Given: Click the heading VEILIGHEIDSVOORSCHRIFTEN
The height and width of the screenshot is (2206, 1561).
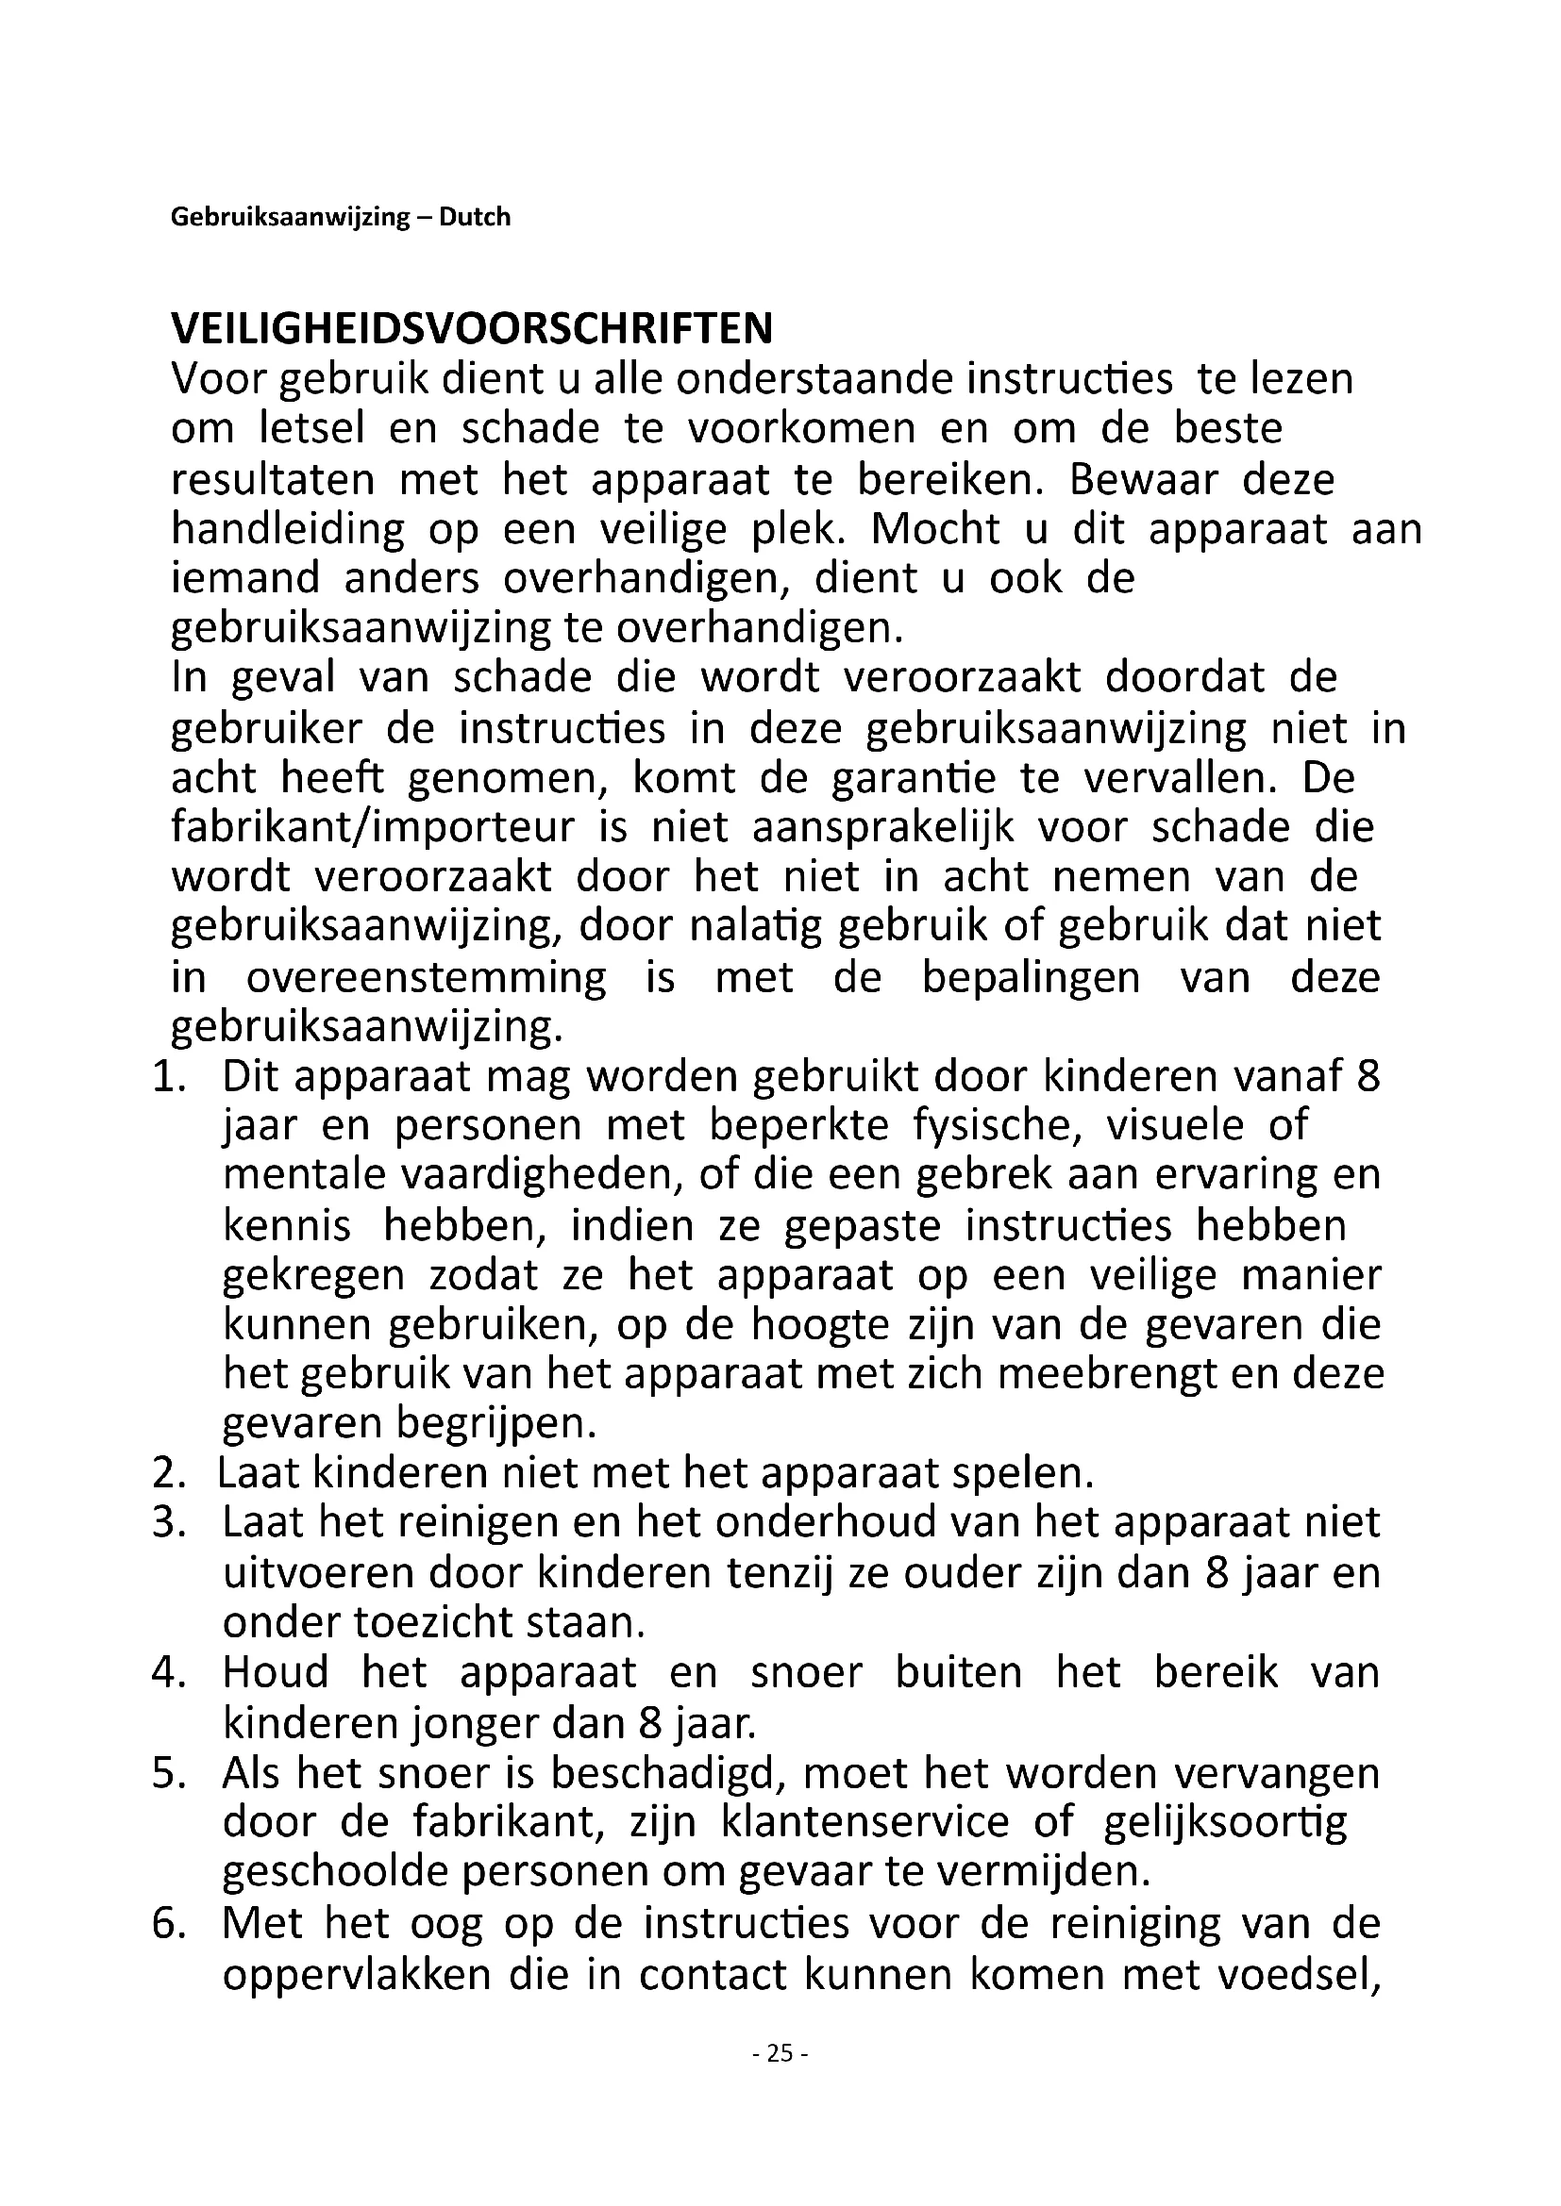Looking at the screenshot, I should tap(471, 328).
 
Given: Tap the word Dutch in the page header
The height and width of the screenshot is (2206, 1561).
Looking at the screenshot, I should tap(475, 217).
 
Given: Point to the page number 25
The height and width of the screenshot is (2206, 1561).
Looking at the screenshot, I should tap(780, 2053).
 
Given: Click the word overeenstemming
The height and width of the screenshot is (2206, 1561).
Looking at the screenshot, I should tap(427, 978).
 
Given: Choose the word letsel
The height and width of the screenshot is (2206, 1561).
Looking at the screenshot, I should tap(312, 428).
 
